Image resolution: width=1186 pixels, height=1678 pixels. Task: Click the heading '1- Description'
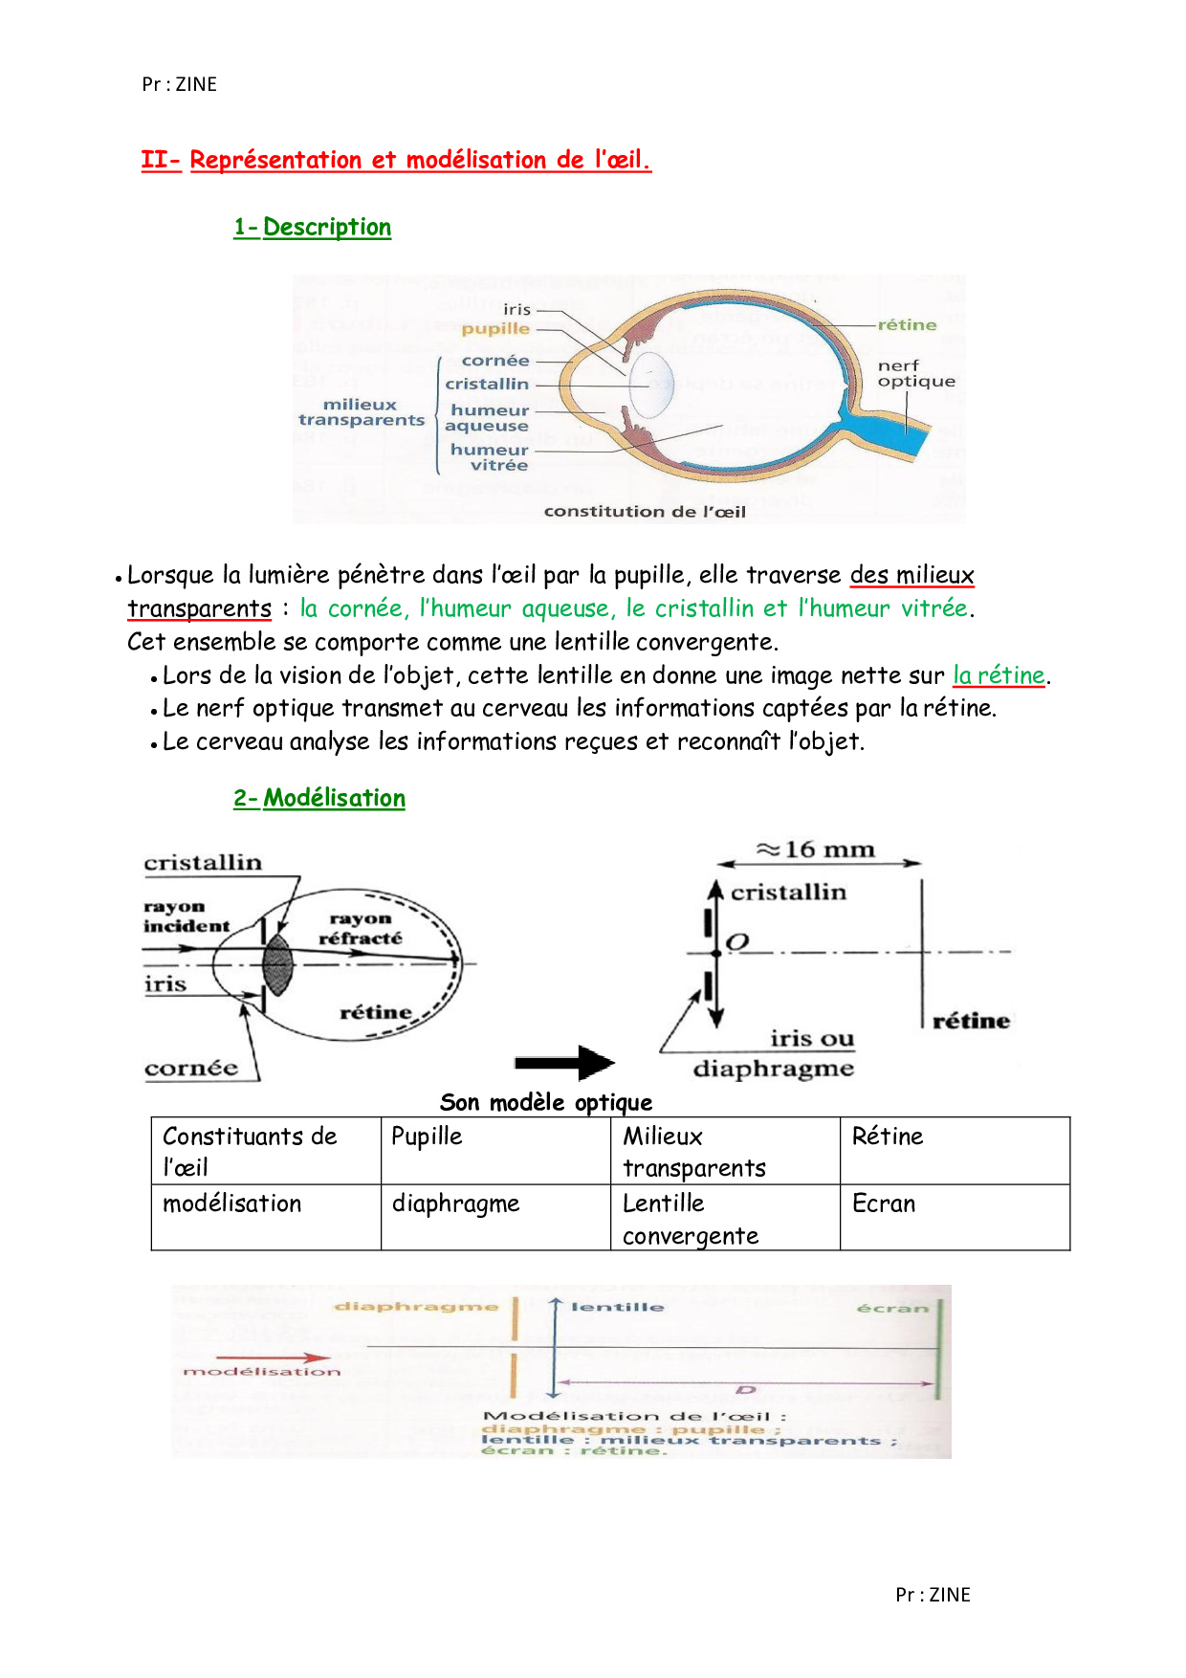coord(313,228)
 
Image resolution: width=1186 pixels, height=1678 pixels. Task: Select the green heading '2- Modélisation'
coord(319,798)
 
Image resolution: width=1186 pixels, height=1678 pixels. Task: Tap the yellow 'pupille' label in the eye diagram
coord(495,329)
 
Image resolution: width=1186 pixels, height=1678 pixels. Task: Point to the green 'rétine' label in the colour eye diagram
coord(907,325)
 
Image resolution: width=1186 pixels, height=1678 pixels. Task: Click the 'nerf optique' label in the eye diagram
coord(915,373)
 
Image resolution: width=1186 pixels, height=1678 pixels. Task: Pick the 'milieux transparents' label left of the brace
coord(361,412)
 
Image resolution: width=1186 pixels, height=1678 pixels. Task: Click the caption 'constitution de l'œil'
coord(645,512)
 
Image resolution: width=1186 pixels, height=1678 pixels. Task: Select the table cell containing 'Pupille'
coord(495,1150)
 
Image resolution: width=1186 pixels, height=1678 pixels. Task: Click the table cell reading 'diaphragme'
coord(495,1217)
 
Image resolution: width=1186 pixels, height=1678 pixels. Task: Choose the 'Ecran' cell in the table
coord(955,1217)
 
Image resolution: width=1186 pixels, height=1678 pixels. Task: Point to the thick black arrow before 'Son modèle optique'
coord(564,1063)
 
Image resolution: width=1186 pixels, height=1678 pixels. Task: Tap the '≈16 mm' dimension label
coord(816,850)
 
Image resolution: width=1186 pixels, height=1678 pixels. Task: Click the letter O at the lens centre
coord(736,942)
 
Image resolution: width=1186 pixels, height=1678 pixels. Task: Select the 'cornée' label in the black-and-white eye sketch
coord(191,1069)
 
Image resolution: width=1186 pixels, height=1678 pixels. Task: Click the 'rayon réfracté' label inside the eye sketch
coord(361,928)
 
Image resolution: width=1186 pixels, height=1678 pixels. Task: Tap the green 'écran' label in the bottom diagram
coord(892,1308)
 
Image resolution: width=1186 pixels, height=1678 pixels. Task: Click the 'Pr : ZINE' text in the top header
coord(180,84)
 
